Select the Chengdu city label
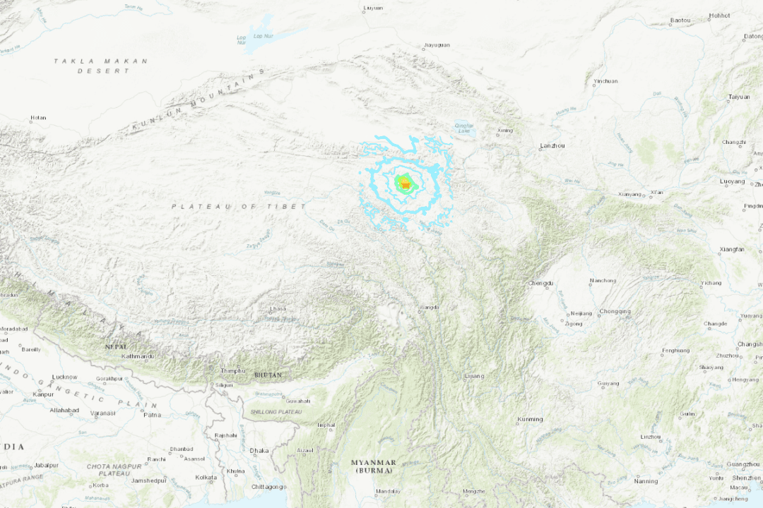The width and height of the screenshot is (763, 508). click(540, 284)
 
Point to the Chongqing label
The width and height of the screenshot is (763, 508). click(615, 311)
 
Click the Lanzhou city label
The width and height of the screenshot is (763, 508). click(552, 145)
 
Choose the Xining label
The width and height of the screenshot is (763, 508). click(504, 131)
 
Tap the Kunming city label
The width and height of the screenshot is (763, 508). click(530, 419)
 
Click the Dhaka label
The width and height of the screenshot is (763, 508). click(259, 450)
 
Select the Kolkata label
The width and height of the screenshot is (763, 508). click(206, 478)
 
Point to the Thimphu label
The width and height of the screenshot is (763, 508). click(233, 370)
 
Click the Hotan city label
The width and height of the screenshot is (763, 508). click(38, 118)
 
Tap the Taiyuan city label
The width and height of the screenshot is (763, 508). click(738, 97)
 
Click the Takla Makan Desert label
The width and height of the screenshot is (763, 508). click(101, 66)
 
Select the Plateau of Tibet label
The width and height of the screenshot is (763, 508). click(239, 206)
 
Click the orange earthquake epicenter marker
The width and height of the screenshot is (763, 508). click(405, 185)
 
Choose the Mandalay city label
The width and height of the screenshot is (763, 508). click(388, 491)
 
